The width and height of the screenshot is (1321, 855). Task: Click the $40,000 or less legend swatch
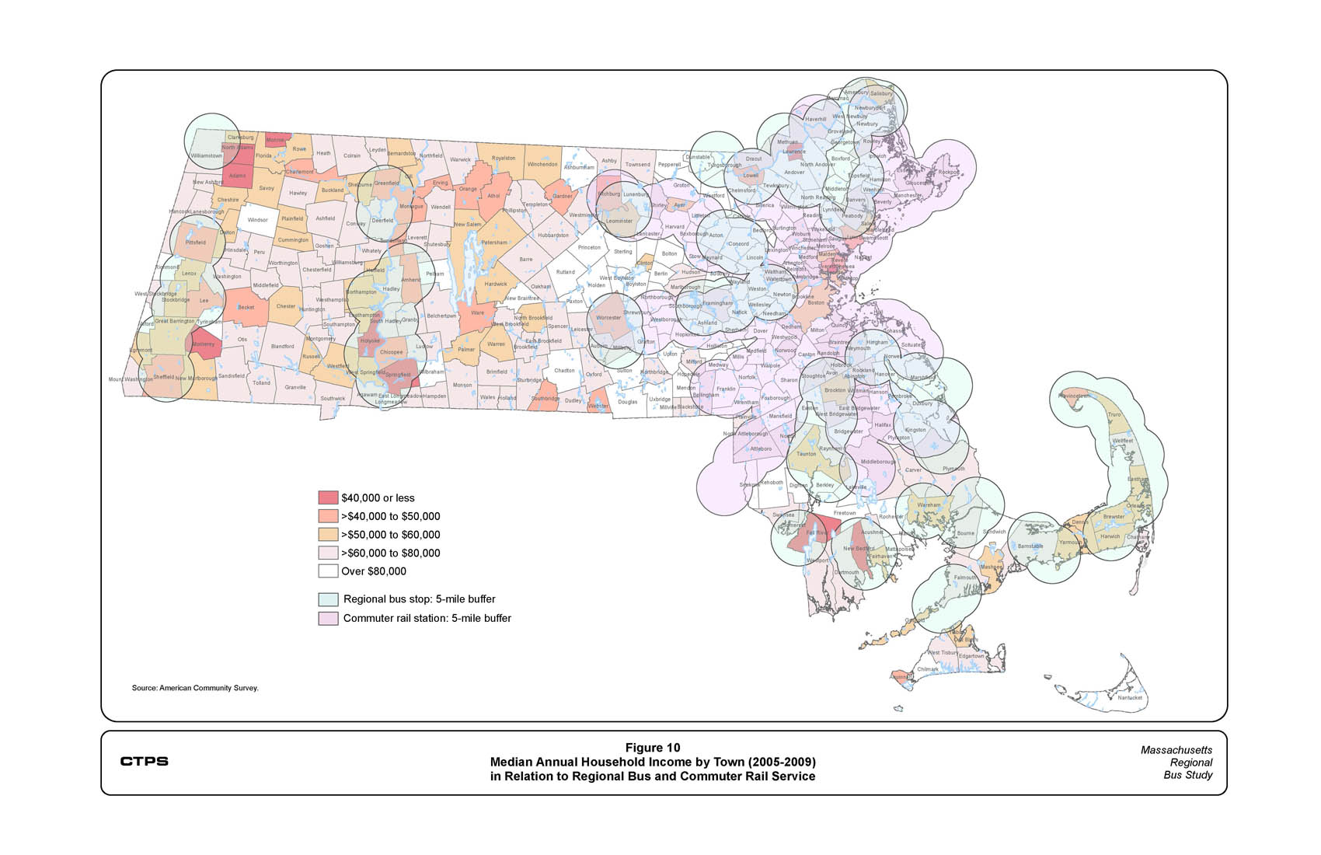328,497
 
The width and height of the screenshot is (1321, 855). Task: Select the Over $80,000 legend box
328,571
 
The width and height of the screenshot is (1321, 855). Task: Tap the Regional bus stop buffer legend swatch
328,599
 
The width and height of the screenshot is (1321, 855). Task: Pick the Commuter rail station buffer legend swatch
328,619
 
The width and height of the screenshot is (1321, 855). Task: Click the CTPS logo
144,761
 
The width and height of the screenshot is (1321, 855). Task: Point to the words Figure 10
653,748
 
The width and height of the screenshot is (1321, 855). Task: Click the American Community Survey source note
195,688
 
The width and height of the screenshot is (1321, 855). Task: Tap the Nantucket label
1130,697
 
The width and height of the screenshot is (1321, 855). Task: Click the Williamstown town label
206,155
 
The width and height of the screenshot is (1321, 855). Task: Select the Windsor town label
257,220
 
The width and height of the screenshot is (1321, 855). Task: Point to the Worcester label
608,317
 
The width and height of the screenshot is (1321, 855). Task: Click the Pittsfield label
196,243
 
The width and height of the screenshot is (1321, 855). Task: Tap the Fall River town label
816,533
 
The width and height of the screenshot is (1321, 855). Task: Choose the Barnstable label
1030,546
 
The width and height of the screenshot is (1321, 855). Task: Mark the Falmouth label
965,578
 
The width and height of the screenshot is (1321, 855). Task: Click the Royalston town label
504,158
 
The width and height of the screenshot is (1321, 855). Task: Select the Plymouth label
953,469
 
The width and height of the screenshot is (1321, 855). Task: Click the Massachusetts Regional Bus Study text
1176,763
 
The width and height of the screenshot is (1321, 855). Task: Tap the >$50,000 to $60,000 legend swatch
328,535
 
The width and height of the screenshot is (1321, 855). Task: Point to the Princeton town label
589,247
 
